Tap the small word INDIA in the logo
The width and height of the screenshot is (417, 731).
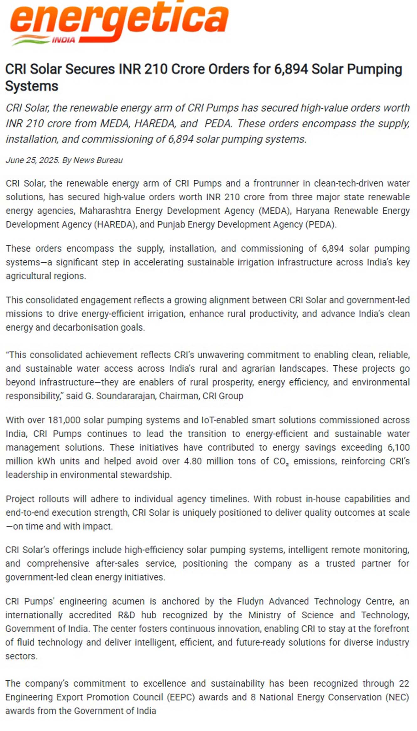pos(64,40)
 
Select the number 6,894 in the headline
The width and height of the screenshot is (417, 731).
pos(291,69)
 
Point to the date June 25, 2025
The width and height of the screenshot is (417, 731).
pos(32,160)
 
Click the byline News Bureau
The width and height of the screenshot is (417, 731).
pos(98,160)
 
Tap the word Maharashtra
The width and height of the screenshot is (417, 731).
pos(105,211)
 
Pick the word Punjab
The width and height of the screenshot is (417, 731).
pos(171,224)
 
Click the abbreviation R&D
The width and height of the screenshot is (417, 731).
pos(126,615)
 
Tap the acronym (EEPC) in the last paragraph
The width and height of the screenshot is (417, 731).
pos(181,698)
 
